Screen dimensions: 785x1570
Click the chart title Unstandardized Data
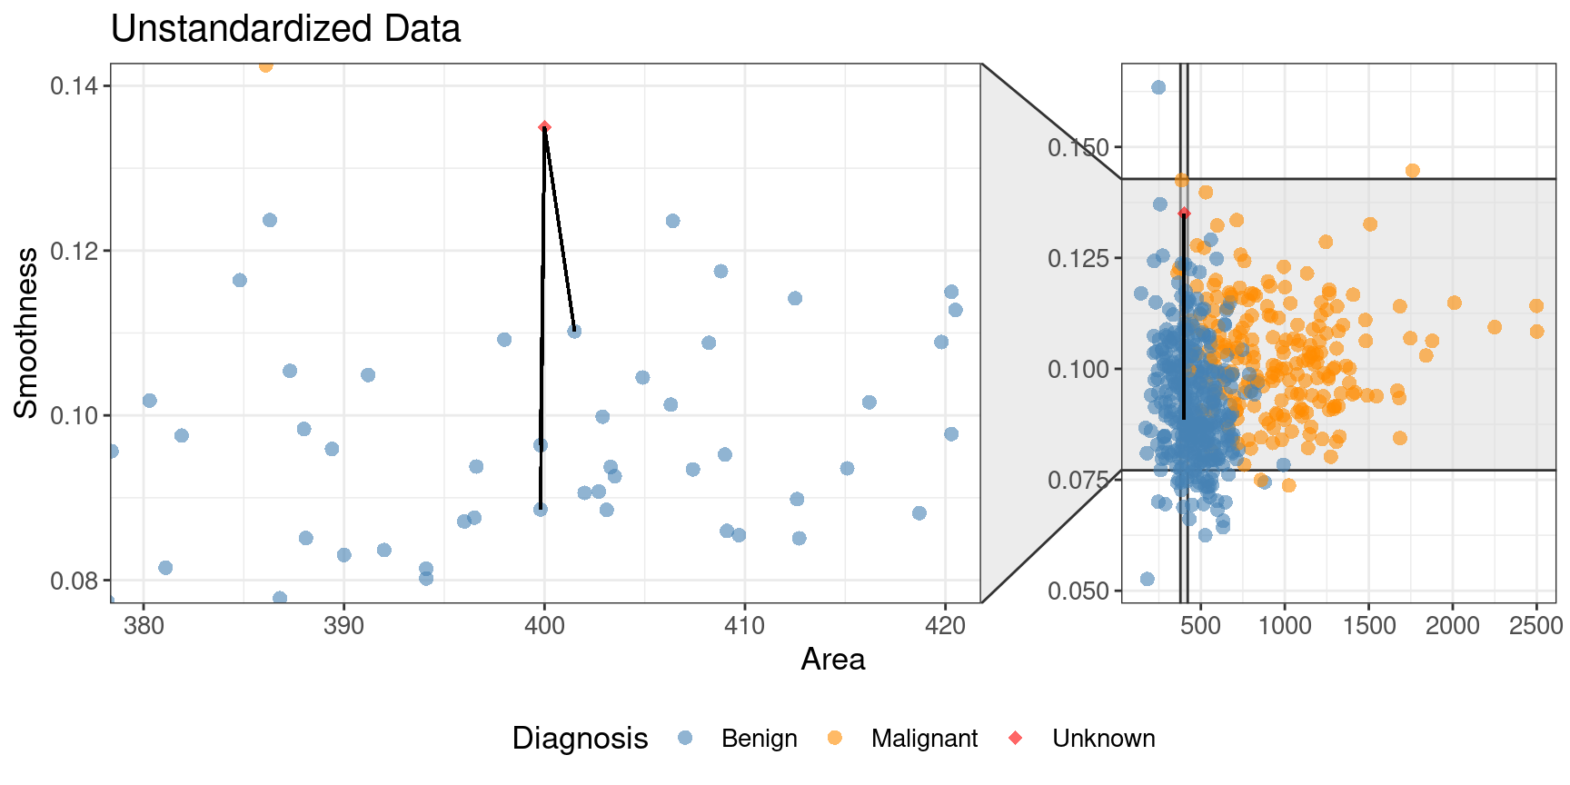click(285, 29)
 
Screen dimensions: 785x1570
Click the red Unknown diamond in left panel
click(544, 127)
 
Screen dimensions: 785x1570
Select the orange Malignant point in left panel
click(265, 65)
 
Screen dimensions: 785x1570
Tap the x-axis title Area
click(832, 659)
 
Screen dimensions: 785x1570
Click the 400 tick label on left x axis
click(544, 626)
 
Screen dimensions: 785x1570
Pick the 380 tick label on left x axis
click(144, 626)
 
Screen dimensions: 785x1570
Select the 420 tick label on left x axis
click(945, 626)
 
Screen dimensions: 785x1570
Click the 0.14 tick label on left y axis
click(75, 86)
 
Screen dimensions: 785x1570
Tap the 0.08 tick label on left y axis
click(75, 581)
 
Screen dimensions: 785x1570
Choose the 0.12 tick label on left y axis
click(75, 251)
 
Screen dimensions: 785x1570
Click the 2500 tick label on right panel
click(1535, 626)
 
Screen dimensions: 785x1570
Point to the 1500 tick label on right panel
click(1368, 626)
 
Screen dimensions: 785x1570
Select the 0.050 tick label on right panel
click(1078, 591)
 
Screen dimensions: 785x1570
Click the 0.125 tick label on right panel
click(1078, 259)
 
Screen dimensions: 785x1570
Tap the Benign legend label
click(759, 739)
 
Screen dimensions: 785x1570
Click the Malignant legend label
click(924, 739)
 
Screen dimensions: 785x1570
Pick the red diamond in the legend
click(1016, 738)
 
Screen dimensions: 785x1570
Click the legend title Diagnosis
click(580, 739)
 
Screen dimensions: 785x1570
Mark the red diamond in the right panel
click(1184, 213)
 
